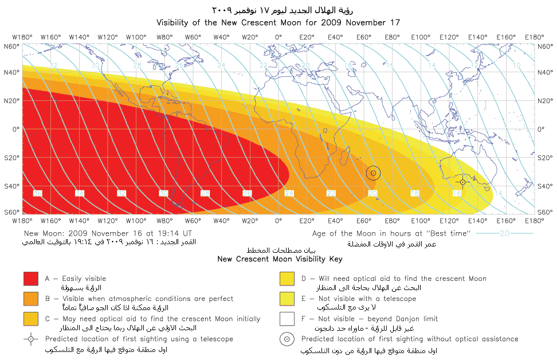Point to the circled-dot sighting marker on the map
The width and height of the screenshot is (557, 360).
(373, 173)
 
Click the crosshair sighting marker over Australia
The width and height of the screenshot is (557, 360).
(463, 182)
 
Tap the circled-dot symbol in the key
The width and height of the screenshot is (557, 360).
(287, 339)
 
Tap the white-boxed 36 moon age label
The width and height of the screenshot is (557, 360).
(37, 194)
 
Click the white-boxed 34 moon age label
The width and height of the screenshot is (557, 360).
(80, 194)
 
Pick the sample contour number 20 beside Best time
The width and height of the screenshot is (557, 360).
(504, 233)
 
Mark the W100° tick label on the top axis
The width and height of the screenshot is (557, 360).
(136, 38)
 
